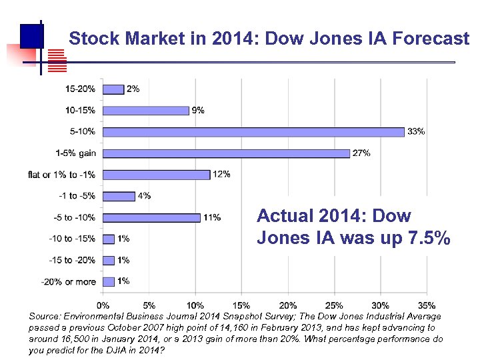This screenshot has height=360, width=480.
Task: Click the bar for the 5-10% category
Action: tap(253, 132)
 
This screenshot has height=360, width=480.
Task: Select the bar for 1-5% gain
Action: tap(226, 153)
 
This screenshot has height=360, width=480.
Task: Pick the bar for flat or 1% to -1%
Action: tap(157, 175)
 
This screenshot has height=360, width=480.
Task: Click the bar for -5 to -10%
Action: tap(151, 217)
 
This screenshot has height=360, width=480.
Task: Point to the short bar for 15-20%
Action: tap(113, 89)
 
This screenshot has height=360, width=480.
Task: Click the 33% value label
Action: tap(415, 131)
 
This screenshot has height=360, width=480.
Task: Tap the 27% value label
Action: tap(361, 153)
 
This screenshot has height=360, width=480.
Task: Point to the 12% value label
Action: tap(221, 175)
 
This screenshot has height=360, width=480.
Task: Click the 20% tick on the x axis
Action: tap(287, 306)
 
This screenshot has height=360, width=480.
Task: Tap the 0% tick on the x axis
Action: tap(104, 306)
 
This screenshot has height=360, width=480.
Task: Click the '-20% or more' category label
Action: tap(68, 281)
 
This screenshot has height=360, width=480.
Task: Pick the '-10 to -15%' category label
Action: tap(72, 239)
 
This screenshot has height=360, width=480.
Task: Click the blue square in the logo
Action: tap(31, 35)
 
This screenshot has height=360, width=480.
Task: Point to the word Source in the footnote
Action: tap(45, 316)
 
